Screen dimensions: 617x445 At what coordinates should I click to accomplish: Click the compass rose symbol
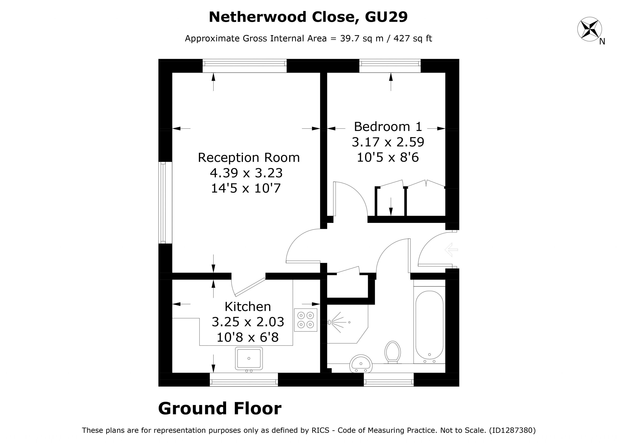pyautogui.click(x=589, y=29)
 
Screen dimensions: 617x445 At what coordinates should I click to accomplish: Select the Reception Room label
pyautogui.click(x=249, y=158)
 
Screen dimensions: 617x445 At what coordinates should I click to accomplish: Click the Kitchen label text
pyautogui.click(x=248, y=307)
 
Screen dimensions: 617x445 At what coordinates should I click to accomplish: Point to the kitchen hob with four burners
pyautogui.click(x=306, y=320)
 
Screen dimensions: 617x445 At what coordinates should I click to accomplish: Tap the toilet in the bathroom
pyautogui.click(x=392, y=352)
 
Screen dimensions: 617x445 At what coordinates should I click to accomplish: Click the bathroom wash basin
pyautogui.click(x=361, y=363)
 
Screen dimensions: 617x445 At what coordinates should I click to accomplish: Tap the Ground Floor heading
pyautogui.click(x=220, y=409)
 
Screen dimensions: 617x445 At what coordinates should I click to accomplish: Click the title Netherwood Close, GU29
pyautogui.click(x=308, y=17)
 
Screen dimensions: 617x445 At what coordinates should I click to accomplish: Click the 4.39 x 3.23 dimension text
pyautogui.click(x=246, y=173)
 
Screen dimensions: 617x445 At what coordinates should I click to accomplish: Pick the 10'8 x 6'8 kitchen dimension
pyautogui.click(x=248, y=337)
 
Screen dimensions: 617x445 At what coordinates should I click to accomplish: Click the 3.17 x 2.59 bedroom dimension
pyautogui.click(x=388, y=142)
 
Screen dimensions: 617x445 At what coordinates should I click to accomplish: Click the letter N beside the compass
pyautogui.click(x=602, y=42)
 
